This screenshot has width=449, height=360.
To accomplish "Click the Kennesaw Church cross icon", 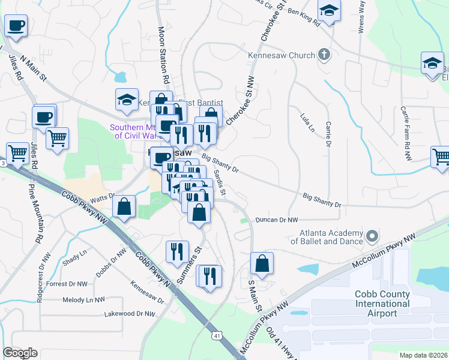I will (x=324, y=55).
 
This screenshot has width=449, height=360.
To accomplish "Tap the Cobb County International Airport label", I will (x=382, y=304).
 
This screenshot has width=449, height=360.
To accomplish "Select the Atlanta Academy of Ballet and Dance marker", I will (x=372, y=236).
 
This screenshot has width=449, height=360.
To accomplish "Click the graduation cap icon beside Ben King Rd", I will (x=329, y=11).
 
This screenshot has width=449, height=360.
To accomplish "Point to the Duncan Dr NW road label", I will (x=277, y=220).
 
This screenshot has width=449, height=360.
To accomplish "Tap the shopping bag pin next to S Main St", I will (x=262, y=263).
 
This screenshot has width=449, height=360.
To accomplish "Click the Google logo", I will (x=20, y=353).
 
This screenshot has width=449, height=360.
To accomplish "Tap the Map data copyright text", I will (x=423, y=355).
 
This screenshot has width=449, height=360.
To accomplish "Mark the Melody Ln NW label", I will (x=83, y=299).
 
